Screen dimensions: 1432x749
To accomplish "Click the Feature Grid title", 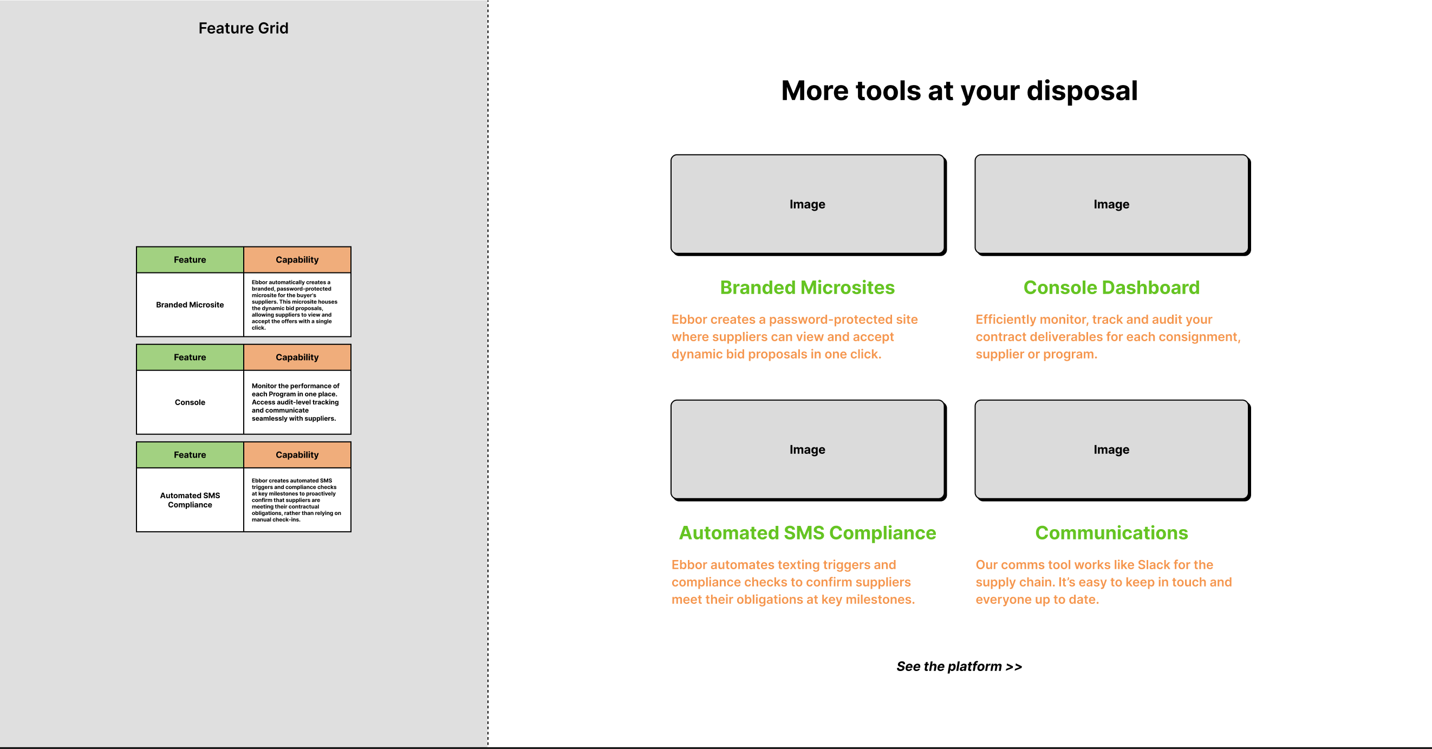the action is [244, 28].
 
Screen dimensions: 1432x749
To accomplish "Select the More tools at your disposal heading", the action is [960, 90].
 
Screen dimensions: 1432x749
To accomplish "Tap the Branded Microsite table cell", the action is [190, 305].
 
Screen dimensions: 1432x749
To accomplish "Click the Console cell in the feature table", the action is [190, 402].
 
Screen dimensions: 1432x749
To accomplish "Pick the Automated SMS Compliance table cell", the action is [190, 500].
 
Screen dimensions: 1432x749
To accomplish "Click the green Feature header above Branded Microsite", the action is [190, 259].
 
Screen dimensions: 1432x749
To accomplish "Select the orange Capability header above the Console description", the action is [297, 357].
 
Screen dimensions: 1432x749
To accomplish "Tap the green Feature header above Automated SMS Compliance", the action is [190, 455].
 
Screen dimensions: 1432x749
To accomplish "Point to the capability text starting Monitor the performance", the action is [295, 402].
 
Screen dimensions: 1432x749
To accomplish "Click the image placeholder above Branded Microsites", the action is [808, 204].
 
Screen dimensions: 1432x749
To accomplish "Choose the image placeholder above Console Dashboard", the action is [1112, 204].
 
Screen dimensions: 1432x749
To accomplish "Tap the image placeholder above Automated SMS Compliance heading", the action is [808, 450].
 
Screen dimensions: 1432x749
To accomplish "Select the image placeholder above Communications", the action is [1112, 450].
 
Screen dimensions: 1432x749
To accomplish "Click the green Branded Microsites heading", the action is [808, 288].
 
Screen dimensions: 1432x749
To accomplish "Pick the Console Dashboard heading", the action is [1112, 288].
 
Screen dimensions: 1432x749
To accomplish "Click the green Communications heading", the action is [1112, 533].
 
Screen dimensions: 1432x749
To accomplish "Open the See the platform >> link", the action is [960, 666].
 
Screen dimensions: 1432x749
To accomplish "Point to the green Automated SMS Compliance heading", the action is [808, 533].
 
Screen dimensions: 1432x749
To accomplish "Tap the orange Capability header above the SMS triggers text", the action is [297, 455].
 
